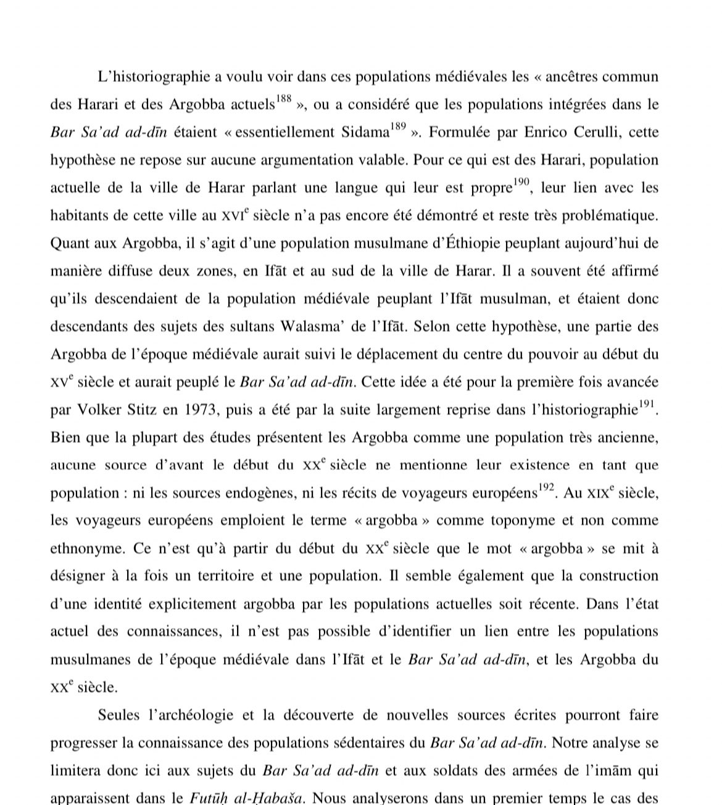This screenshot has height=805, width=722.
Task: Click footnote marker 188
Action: [284, 99]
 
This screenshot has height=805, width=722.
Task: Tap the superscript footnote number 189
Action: [398, 126]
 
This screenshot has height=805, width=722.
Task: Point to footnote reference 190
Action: [521, 182]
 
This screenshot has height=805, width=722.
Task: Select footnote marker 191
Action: [646, 404]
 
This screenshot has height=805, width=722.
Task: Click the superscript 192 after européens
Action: [546, 487]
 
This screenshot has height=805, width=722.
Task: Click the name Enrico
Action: [547, 132]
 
